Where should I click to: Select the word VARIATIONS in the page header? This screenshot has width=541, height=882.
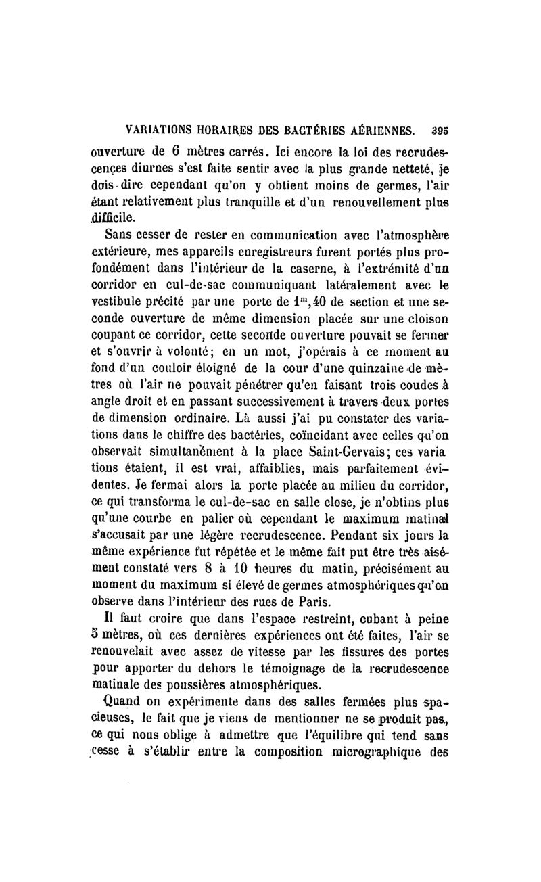point(148,130)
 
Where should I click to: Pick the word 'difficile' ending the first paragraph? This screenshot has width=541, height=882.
point(118,218)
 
